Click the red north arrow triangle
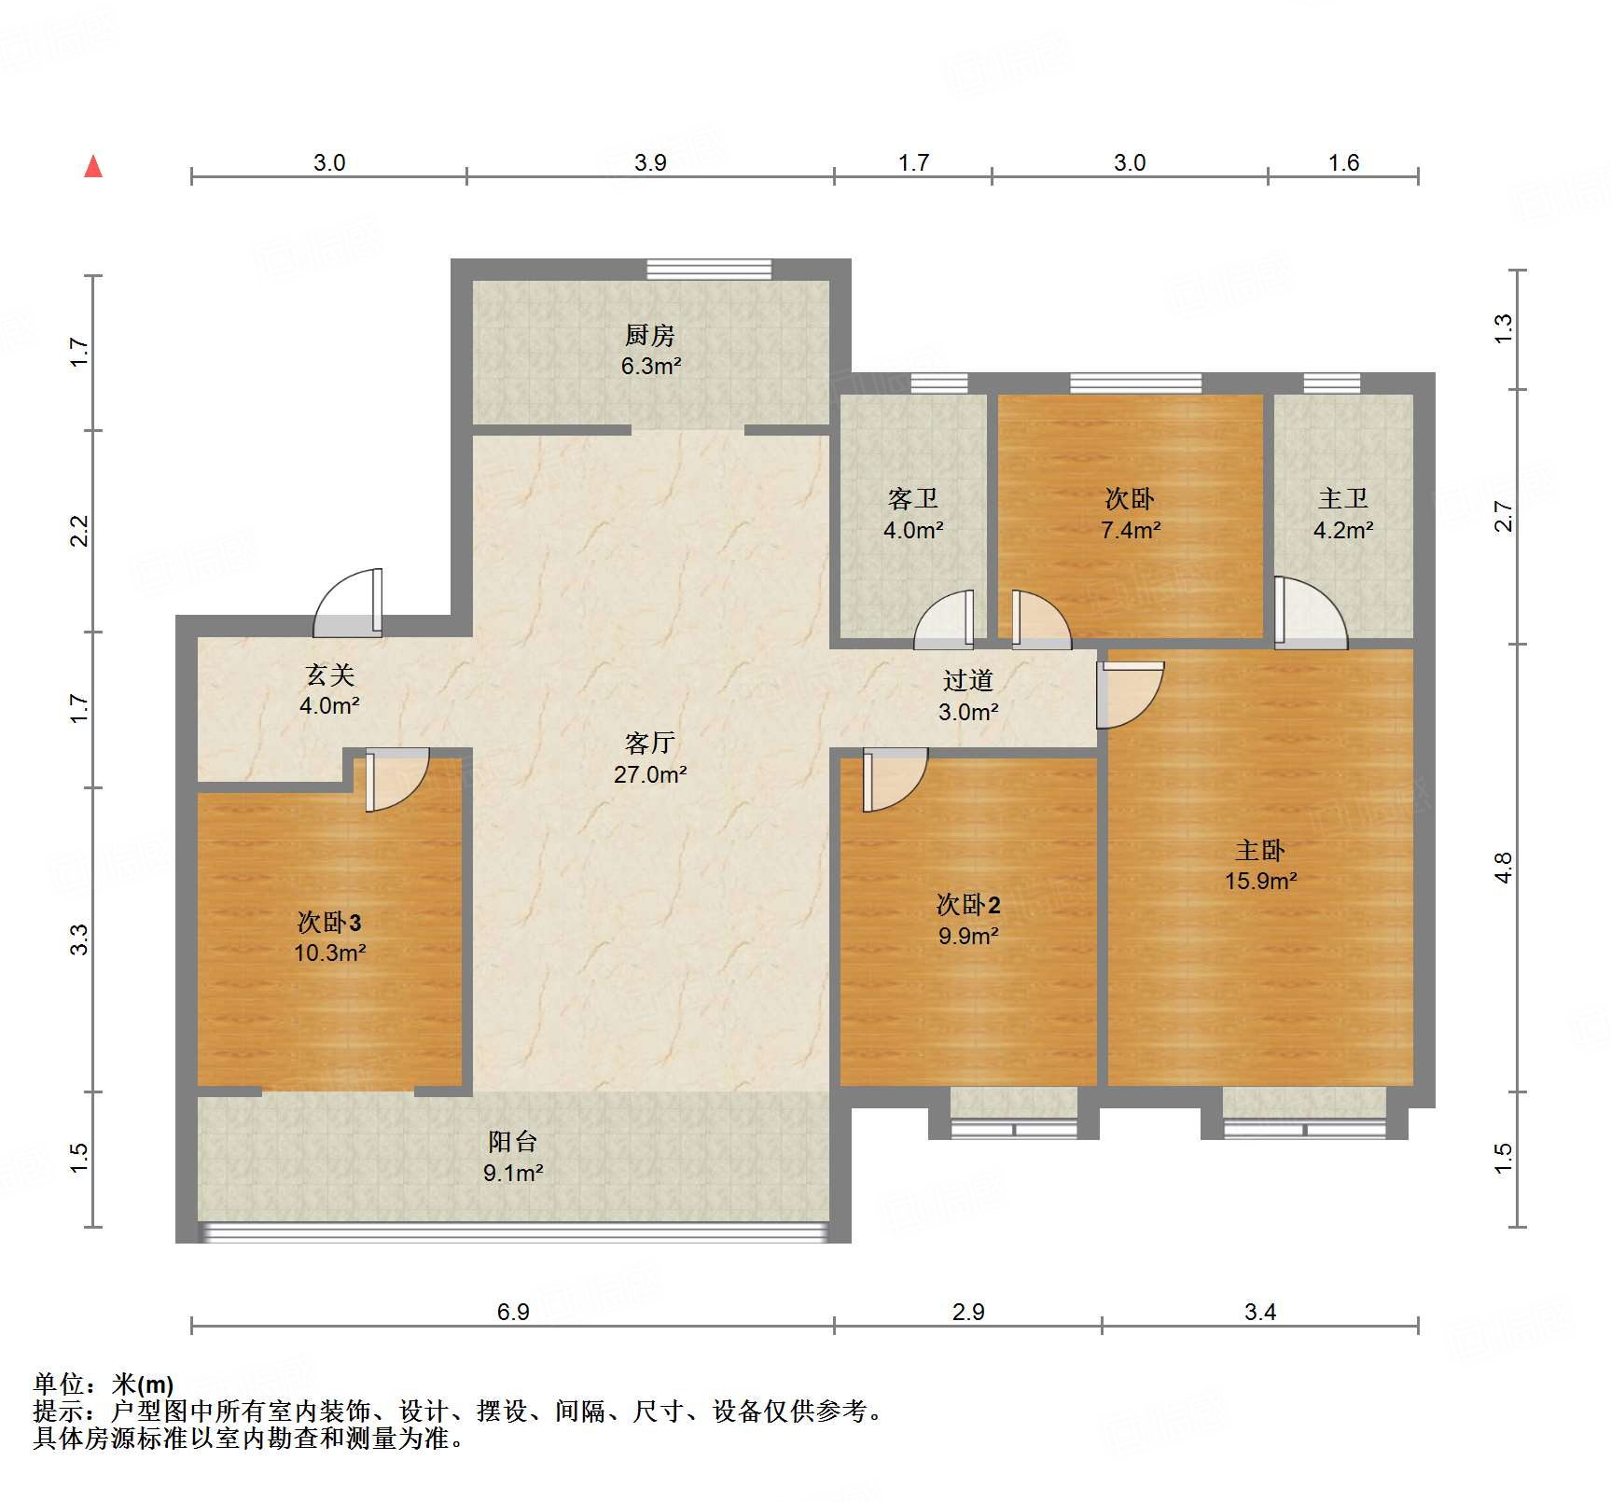pyautogui.click(x=93, y=167)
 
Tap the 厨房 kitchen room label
pyautogui.click(x=650, y=335)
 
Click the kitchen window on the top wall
pyautogui.click(x=709, y=270)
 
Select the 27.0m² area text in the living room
pyautogui.click(x=650, y=774)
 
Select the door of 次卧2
pyautogui.click(x=893, y=779)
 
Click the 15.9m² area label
pyautogui.click(x=1260, y=881)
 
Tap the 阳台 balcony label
pyautogui.click(x=512, y=1141)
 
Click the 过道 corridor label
pyautogui.click(x=967, y=681)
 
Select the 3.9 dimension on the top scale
pyautogui.click(x=650, y=162)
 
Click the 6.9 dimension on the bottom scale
pyautogui.click(x=512, y=1312)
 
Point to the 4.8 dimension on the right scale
pyautogui.click(x=1502, y=868)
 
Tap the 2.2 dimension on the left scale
pyautogui.click(x=79, y=531)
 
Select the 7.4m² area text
pyautogui.click(x=1130, y=530)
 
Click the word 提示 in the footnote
pyautogui.click(x=58, y=1411)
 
